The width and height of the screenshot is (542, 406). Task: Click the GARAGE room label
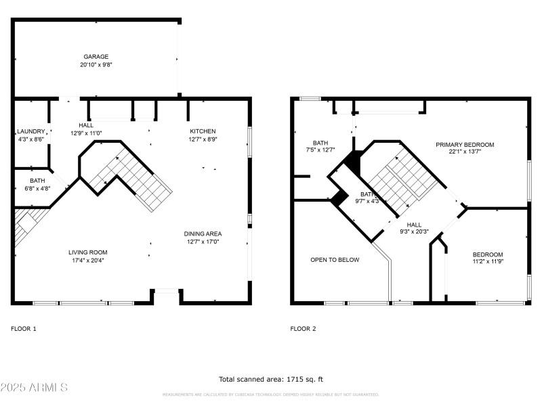pos(96,57)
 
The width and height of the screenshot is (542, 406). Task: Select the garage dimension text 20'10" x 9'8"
pos(96,65)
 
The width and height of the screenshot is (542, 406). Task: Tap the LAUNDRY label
pos(30,131)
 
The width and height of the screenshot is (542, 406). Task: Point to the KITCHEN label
pos(203,131)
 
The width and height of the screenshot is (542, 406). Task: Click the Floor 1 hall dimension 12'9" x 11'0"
pos(86,133)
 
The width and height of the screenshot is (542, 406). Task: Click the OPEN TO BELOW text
pos(335,260)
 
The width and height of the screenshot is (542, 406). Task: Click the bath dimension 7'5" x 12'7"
pos(320,151)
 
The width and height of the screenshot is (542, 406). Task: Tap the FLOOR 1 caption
pos(24,329)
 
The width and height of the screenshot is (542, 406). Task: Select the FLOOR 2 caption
pos(303,329)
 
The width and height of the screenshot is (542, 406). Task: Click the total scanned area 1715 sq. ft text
pos(270,380)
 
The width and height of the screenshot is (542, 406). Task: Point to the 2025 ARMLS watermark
pos(34,388)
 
